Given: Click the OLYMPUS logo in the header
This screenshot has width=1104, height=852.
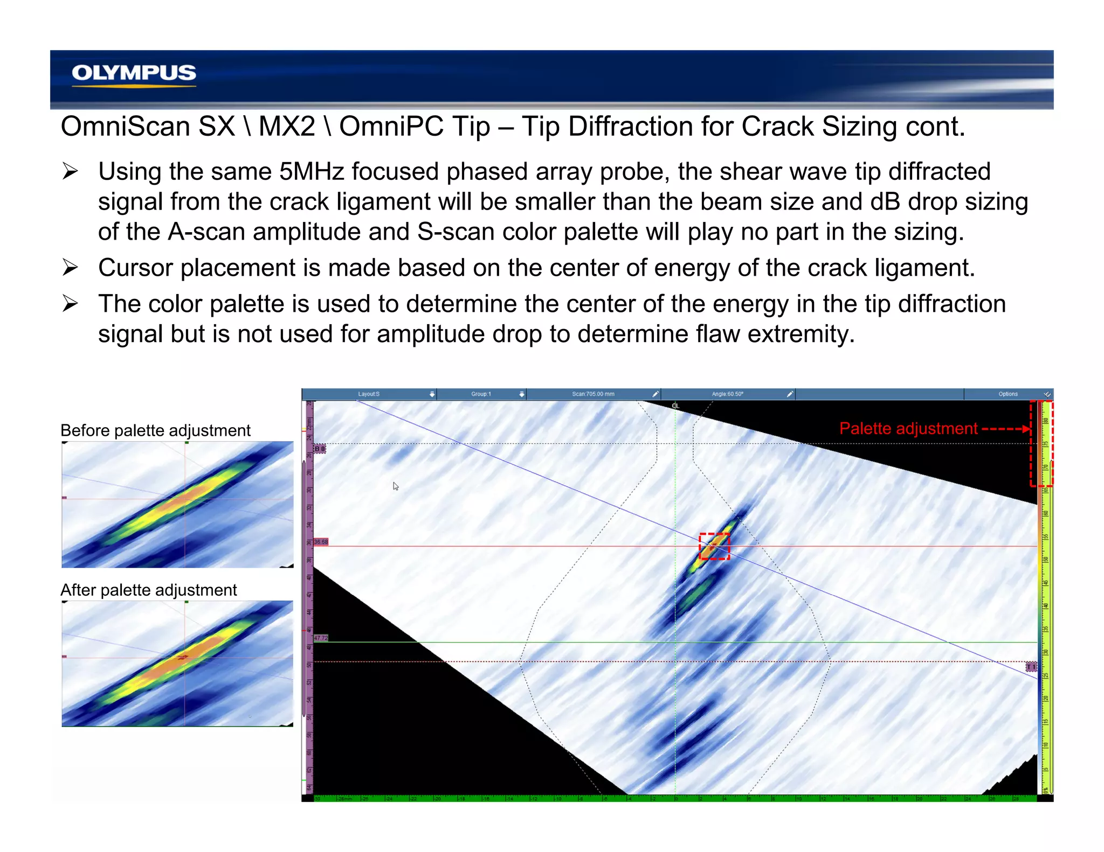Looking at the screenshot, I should click(x=134, y=73).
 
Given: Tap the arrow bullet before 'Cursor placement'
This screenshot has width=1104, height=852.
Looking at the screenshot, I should click(x=70, y=268).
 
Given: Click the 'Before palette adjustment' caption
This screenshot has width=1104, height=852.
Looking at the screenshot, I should click(x=155, y=430).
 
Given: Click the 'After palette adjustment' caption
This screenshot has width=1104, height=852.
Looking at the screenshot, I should click(x=148, y=590).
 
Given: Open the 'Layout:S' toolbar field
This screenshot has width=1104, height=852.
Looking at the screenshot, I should click(x=369, y=394).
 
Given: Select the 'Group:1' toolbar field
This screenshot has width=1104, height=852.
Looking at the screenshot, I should click(x=481, y=394).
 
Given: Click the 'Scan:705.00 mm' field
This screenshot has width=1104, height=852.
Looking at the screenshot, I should click(x=593, y=394).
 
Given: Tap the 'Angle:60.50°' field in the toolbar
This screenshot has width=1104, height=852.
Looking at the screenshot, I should click(x=727, y=394).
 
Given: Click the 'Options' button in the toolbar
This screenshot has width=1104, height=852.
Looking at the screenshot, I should click(x=1008, y=394).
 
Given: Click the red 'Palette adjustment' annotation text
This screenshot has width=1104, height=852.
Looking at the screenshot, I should click(x=908, y=429).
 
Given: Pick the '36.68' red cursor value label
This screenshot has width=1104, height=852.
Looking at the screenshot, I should click(x=321, y=542).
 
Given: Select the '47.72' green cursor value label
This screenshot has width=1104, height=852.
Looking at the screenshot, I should click(x=321, y=638).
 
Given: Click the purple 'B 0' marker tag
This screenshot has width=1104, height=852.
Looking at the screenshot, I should click(x=320, y=449).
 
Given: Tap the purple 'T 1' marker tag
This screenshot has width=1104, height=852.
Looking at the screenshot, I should click(x=1031, y=667).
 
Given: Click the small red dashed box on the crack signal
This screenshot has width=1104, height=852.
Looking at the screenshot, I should click(x=714, y=546).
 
